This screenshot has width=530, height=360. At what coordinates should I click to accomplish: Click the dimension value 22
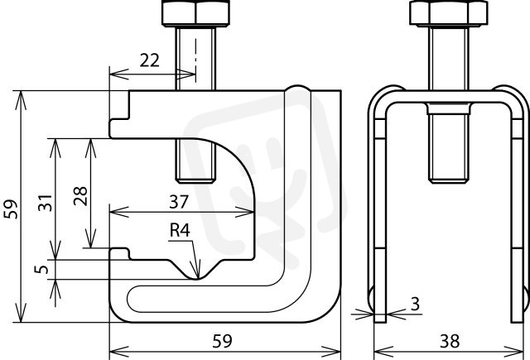point(150,60)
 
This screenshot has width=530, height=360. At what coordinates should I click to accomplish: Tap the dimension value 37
point(179,202)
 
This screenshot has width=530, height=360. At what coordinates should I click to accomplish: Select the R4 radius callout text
point(180,230)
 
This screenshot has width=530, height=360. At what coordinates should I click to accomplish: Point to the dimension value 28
point(80,196)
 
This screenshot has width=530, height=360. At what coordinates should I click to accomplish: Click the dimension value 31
point(45,203)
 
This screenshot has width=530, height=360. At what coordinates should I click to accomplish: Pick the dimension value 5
point(41,270)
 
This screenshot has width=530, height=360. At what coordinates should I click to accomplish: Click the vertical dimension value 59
point(11,209)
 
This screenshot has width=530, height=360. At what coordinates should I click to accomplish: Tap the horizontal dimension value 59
point(223,341)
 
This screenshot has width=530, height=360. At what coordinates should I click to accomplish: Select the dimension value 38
point(450,341)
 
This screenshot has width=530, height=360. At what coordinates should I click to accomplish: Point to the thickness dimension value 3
point(415,304)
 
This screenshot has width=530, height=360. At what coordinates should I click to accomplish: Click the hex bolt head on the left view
point(195,13)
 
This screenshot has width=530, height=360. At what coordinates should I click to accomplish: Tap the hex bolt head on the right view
point(449,13)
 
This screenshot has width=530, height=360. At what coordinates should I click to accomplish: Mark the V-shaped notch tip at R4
point(198,278)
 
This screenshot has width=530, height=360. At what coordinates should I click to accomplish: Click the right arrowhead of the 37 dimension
point(245,212)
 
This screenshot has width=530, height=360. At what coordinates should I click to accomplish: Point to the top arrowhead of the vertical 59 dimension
point(21,100)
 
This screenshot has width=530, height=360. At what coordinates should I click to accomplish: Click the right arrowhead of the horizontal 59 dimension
point(331,352)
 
